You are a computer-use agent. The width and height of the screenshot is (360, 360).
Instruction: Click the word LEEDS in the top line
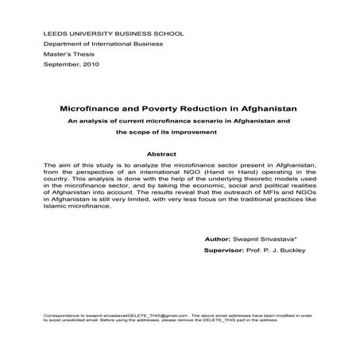(52, 33)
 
